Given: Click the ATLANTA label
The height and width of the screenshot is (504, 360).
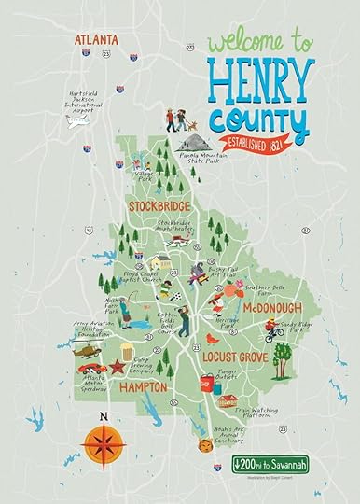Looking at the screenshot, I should click(97, 39).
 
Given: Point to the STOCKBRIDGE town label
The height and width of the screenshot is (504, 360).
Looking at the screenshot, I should click(159, 204).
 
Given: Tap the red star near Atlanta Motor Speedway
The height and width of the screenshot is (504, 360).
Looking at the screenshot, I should click(118, 367).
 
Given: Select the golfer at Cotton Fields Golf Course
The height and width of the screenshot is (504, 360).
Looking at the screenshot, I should click(183, 322).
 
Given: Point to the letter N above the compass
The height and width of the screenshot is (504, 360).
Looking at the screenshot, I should click(104, 416).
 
